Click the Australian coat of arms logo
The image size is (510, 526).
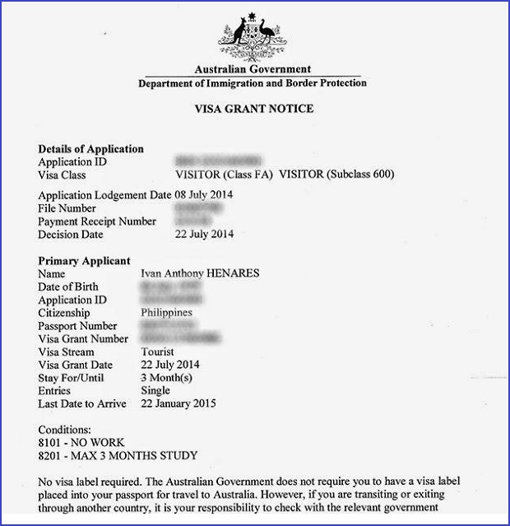point(253,34)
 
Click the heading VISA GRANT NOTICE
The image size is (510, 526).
point(253,109)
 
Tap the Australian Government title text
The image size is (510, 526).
point(253,70)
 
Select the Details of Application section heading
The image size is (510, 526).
point(91,149)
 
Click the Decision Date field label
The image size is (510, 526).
point(71,235)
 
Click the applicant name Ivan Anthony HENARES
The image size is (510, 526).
point(201,273)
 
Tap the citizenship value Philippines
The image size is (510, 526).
point(167,313)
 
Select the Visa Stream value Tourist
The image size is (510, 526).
point(160,352)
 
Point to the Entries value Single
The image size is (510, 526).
point(156,390)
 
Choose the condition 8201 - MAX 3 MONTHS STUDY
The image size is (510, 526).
point(118,455)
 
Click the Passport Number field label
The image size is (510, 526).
point(79,326)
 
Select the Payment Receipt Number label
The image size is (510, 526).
point(97,221)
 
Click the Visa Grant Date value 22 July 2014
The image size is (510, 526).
point(170,365)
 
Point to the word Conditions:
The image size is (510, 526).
point(66,429)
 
